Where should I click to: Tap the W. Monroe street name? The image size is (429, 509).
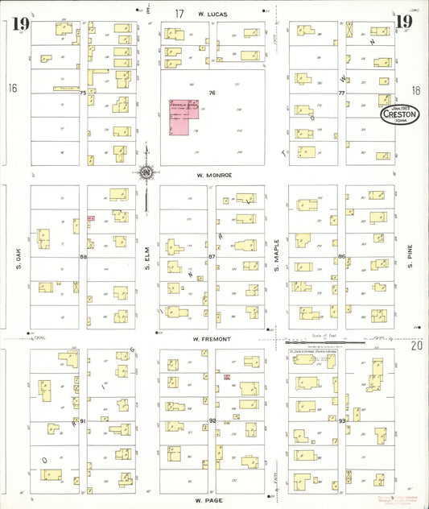point(212,175)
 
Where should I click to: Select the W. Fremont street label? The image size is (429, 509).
point(212,339)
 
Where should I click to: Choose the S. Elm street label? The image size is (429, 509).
point(148,257)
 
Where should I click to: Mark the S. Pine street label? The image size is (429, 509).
point(409,257)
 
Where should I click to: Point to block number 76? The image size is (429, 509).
point(212,93)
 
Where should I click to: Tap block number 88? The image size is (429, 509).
point(83,257)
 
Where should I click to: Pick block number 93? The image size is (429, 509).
point(341,420)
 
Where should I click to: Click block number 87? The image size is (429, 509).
point(212,257)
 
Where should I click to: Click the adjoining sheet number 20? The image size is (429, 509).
point(416,345)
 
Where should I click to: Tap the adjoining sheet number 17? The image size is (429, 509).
point(179,13)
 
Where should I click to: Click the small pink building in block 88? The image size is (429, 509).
point(91,217)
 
